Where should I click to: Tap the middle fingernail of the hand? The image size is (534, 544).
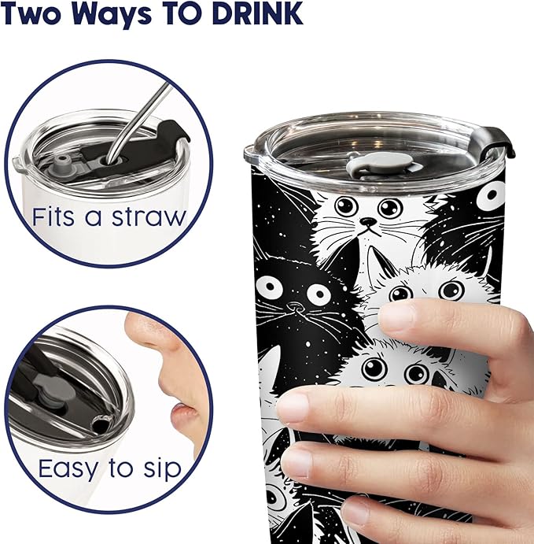pos(293,406)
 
